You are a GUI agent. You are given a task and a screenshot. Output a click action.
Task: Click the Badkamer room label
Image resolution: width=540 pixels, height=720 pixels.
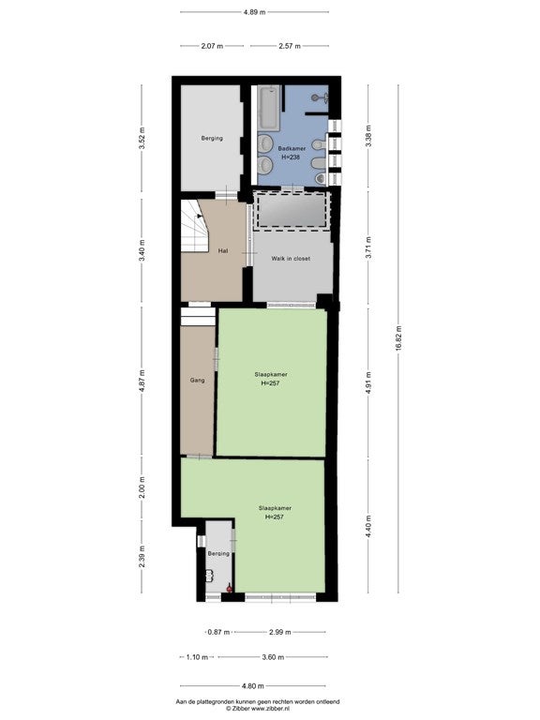pos(292,149)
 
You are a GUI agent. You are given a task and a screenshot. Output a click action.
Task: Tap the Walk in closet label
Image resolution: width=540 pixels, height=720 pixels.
pos(291,259)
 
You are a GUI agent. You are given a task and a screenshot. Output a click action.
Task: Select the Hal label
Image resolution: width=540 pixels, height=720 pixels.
pos(223,251)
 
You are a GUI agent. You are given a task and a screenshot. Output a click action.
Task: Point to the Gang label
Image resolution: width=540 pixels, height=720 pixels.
pos(198,381)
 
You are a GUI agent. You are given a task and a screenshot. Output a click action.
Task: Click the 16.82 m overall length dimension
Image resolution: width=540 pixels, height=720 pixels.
pos(398,338)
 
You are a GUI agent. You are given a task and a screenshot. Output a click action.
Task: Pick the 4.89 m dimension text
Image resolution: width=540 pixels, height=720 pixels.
pos(254,12)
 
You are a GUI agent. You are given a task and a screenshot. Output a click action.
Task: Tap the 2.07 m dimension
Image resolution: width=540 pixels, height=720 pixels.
pos(212,46)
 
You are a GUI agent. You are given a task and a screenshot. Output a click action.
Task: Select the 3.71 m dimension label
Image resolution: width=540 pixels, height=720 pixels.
pos(368,247)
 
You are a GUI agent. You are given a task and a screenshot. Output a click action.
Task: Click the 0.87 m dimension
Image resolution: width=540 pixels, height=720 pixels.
pos(218,632)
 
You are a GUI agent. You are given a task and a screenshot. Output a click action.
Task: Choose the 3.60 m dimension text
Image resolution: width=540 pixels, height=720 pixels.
pos(273,657)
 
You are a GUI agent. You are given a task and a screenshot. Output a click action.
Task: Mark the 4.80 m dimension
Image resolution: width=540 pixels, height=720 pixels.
pos(252,686)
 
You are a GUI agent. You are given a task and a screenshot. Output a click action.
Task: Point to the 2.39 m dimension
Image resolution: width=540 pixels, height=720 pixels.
pos(142,556)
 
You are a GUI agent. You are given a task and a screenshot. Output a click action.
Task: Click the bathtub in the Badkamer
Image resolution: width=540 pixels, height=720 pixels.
pos(269,107)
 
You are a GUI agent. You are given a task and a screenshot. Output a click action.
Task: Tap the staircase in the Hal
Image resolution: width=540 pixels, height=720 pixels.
pos(195,226)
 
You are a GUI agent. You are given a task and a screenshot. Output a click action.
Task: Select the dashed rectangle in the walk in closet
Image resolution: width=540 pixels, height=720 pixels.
pos(292,210)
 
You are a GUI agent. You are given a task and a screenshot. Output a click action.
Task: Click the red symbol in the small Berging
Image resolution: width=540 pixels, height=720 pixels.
pos(229,588)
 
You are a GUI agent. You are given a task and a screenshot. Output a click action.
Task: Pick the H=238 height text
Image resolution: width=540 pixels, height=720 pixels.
pos(291,157)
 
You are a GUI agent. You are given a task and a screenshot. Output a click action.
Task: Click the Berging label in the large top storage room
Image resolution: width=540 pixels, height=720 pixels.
pos(212,138)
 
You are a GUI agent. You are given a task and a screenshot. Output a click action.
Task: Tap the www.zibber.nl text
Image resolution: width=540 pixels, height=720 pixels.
pos(270,709)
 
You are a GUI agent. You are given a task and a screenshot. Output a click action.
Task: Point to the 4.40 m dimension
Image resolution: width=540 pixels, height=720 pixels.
pos(368,526)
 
